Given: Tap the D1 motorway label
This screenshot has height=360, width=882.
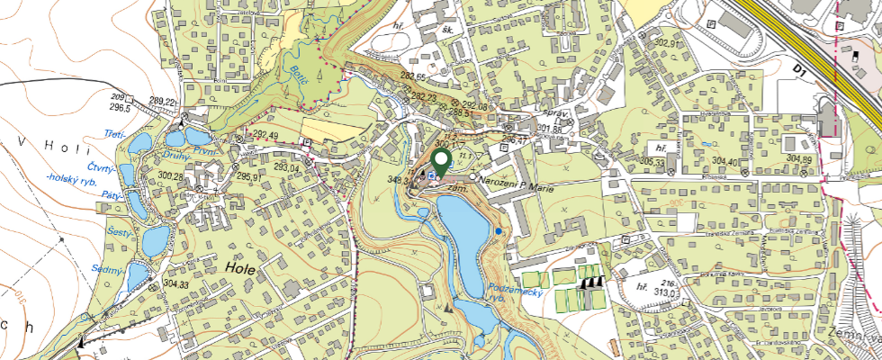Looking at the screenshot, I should pyautogui.click(x=803, y=69).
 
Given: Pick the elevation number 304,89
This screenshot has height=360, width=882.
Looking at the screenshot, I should pyautogui.click(x=799, y=158).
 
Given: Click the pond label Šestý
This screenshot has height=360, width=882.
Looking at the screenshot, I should pyautogui.click(x=117, y=233).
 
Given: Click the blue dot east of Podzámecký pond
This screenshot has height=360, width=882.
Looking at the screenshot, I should pyautogui.click(x=499, y=232).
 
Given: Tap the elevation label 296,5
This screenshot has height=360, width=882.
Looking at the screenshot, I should pyautogui.click(x=119, y=108).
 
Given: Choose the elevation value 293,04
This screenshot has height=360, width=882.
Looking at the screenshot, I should pyautogui.click(x=286, y=167).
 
